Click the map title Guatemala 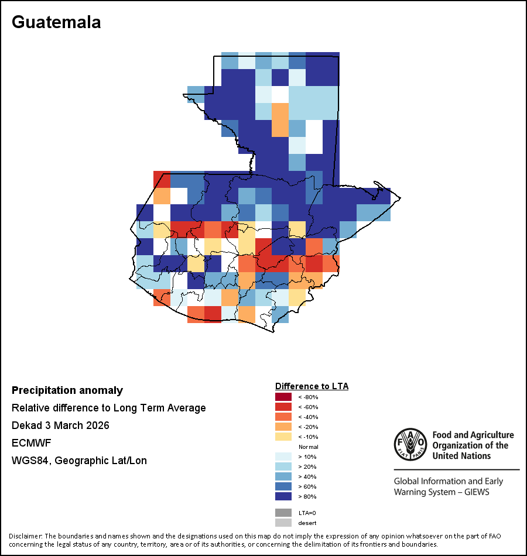point(56,22)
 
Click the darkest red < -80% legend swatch point(283,397)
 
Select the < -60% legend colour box point(283,407)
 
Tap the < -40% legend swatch point(283,417)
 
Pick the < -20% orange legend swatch point(283,427)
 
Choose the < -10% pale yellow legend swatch point(283,437)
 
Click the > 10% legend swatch point(283,457)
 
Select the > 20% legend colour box point(283,466)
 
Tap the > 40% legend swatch point(283,476)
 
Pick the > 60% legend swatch point(283,486)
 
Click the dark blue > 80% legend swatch point(283,496)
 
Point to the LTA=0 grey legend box point(283,513)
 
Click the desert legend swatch point(283,523)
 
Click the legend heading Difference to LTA point(312,386)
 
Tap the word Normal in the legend point(308,447)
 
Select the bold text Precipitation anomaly point(67,390)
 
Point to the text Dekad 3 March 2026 point(60,425)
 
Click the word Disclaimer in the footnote point(25,536)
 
